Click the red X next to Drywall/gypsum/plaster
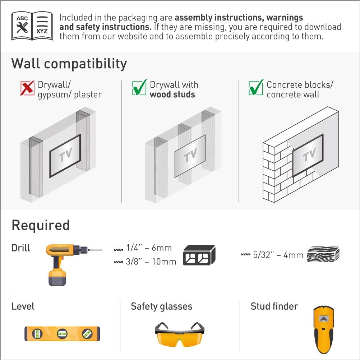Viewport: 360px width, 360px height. click(28, 88)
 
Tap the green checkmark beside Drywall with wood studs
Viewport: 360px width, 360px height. click(139, 87)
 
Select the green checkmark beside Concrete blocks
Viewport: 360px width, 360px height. click(256, 87)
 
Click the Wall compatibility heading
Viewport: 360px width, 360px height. click(69, 64)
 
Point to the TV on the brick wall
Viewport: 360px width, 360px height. click(308, 156)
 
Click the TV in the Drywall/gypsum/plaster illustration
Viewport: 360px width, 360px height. click(65, 155)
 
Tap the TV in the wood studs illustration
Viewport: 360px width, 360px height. click(190, 156)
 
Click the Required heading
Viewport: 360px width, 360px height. click(41, 225)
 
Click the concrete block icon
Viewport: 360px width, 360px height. click(199, 255)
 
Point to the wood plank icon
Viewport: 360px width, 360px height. click(323, 254)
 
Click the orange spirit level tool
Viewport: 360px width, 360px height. click(62, 333)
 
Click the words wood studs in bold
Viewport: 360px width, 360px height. click(172, 95)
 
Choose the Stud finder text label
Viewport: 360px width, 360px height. click(274, 306)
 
